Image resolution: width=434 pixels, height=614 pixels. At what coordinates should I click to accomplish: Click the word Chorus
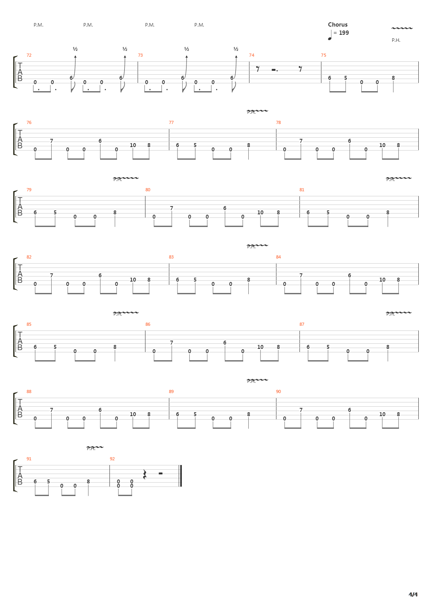pyautogui.click(x=337, y=25)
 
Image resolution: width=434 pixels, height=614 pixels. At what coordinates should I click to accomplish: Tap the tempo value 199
pyautogui.click(x=344, y=33)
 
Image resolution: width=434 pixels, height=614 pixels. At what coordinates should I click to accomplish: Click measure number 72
pyautogui.click(x=29, y=56)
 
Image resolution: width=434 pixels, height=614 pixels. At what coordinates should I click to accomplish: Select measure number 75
pyautogui.click(x=323, y=56)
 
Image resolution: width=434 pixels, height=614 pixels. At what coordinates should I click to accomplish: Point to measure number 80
pyautogui.click(x=148, y=190)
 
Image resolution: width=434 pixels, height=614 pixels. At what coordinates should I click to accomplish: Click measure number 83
pyautogui.click(x=171, y=257)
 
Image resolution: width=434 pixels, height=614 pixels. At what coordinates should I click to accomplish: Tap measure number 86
pyautogui.click(x=148, y=325)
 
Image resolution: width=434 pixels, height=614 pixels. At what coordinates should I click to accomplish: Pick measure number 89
pyautogui.click(x=171, y=392)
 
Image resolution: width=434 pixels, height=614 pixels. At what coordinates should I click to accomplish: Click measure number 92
pyautogui.click(x=112, y=459)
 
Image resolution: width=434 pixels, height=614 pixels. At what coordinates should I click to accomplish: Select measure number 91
pyautogui.click(x=29, y=459)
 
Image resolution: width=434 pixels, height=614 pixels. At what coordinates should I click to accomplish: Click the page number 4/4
pyautogui.click(x=413, y=595)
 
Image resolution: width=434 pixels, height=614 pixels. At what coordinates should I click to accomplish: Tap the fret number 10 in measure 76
pyautogui.click(x=133, y=145)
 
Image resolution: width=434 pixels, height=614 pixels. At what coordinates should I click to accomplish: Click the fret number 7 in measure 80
pyautogui.click(x=172, y=208)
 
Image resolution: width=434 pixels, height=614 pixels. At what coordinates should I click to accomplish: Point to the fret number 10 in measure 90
pyautogui.click(x=382, y=414)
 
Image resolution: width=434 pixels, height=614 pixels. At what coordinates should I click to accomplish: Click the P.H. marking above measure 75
pyautogui.click(x=396, y=40)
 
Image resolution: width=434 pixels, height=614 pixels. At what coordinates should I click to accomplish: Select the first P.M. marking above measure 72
pyautogui.click(x=38, y=25)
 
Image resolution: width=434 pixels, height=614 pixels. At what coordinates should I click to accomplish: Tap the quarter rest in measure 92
pyautogui.click(x=144, y=474)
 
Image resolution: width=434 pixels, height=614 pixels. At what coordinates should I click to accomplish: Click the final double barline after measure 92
pyautogui.click(x=181, y=476)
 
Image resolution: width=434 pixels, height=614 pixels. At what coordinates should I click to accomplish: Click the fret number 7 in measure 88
pyautogui.click(x=52, y=410)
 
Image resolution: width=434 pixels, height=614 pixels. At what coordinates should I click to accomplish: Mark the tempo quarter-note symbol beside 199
pyautogui.click(x=330, y=35)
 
